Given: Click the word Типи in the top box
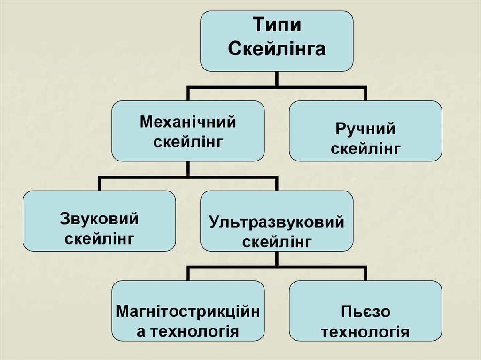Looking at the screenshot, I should point(277,25).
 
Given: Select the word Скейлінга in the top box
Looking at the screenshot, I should point(277,49).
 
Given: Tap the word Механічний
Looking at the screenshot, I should point(187,123).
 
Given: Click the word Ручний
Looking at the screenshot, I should point(365,129).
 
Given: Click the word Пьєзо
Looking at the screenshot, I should point(365,312).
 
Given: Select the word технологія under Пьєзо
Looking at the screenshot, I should point(365,332).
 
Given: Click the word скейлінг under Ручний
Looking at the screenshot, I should point(365,149).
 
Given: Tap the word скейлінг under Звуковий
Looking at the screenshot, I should point(100,239).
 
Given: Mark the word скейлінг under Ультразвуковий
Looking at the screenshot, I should point(277,242).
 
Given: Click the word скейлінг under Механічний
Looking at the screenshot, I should point(187,141).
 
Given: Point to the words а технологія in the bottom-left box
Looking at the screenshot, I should point(187,331).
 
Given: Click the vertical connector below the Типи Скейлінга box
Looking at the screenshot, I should point(277,79).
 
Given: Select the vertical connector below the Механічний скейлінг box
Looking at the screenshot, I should point(187,169).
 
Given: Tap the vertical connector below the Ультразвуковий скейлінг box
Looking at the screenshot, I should point(277,259).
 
